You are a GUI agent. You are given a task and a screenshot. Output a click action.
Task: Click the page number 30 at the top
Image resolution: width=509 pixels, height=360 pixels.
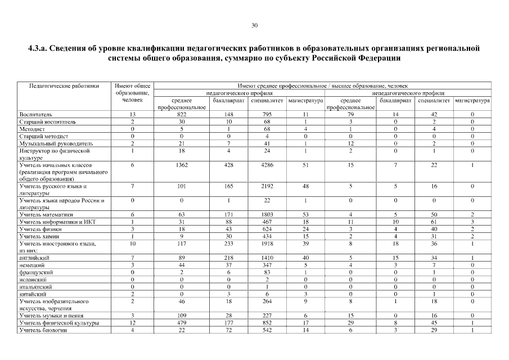tap(254, 25)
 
